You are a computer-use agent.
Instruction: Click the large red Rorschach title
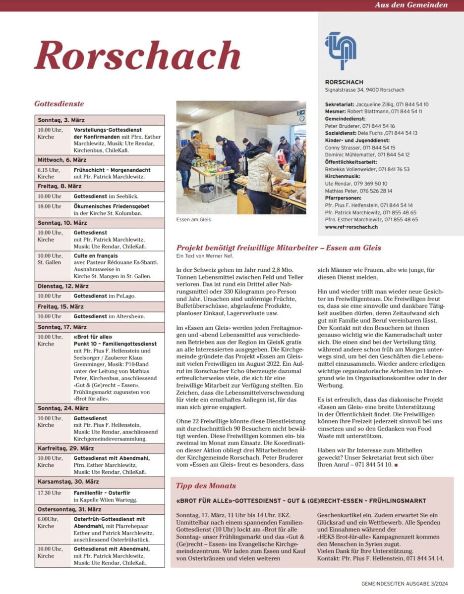[137, 55]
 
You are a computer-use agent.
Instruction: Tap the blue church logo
[341, 50]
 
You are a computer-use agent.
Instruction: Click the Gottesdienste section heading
[59, 104]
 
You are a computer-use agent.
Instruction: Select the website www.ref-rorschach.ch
[351, 227]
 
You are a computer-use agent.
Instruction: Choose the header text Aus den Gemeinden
[411, 5]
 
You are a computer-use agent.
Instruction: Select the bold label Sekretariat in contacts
[340, 104]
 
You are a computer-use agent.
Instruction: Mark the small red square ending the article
[395, 465]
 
